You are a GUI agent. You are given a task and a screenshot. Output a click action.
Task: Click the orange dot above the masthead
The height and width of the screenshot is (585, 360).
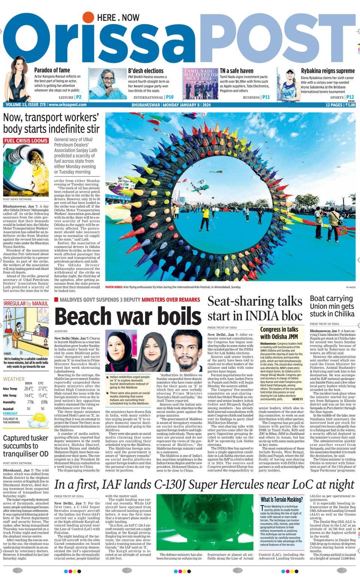click(x=88, y=17)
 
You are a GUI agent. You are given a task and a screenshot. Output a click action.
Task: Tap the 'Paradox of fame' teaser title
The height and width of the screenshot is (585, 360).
click(x=52, y=70)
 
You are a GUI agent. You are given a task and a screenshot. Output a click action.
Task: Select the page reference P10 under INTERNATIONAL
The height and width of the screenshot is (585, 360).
click(x=169, y=97)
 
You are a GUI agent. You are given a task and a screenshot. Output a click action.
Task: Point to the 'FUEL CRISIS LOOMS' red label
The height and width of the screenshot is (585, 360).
click(x=26, y=141)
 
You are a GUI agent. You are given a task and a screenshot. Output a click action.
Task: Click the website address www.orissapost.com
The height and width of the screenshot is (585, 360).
click(x=67, y=105)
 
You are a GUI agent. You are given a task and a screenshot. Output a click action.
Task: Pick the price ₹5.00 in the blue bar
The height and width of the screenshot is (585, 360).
click(x=350, y=105)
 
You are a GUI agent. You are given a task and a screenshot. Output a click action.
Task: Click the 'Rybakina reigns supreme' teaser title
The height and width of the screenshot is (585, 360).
click(x=327, y=70)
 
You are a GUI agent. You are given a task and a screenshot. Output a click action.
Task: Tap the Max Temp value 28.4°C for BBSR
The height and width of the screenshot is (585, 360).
click(x=29, y=389)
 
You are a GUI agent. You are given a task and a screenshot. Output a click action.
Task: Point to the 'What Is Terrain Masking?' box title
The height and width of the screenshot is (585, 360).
click(x=282, y=500)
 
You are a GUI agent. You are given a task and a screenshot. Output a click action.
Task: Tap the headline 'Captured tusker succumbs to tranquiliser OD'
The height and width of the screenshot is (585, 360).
click(x=25, y=446)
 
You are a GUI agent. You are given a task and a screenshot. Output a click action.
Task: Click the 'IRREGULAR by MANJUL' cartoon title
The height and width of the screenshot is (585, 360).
click(x=26, y=303)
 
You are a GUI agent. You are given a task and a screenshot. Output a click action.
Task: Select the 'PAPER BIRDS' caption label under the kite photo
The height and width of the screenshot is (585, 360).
click(x=114, y=287)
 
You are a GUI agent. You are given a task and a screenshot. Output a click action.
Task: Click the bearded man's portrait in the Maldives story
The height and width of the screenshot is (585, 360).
click(x=186, y=351)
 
